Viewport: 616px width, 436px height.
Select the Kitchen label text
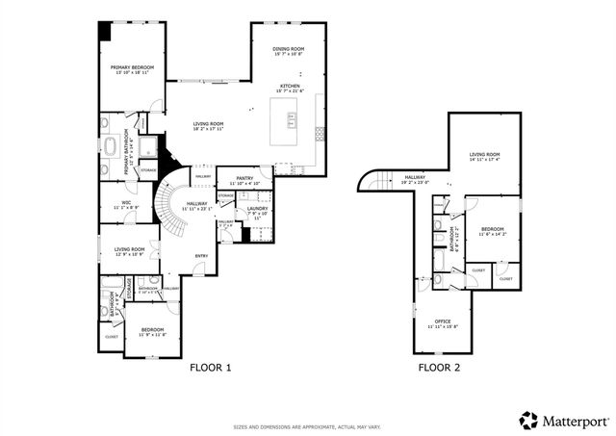click(x=290, y=87)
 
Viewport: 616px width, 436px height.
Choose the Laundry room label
click(x=256, y=210)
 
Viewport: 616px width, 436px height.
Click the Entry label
click(x=201, y=255)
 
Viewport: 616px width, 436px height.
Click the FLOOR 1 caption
click(x=211, y=368)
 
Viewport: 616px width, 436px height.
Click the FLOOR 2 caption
click(x=439, y=368)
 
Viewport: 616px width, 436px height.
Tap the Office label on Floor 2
click(x=443, y=322)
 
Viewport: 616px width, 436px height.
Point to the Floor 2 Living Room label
click(x=484, y=156)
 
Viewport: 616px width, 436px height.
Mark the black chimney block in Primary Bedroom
click(x=103, y=31)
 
